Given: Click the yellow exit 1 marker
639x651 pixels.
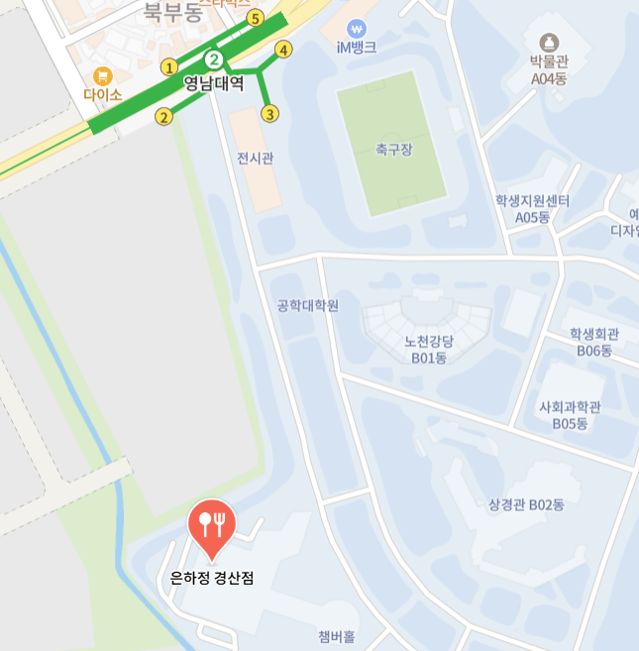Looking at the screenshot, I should tap(169, 67).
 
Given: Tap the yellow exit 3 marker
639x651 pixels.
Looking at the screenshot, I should tap(269, 114).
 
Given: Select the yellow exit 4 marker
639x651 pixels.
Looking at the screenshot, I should tap(284, 50).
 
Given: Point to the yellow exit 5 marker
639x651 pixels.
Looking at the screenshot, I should tap(256, 18).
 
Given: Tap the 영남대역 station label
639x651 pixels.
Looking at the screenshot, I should tap(213, 84).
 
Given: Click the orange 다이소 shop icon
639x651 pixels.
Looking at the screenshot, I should tap(102, 75).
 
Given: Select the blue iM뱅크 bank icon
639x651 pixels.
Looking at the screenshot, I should tap(357, 29).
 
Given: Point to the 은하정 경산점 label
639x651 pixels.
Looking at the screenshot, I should tap(212, 578).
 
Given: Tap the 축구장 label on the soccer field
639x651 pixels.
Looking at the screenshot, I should tap(393, 150).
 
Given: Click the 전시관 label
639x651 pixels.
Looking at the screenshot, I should tap(255, 159).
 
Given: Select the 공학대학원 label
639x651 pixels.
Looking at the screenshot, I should tap(308, 305).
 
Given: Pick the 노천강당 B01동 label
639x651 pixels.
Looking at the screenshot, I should tap(428, 350).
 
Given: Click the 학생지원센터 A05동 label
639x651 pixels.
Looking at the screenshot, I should tap(532, 209).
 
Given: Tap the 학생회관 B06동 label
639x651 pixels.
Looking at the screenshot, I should tap(594, 343).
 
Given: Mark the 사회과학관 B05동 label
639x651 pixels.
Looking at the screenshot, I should tap(570, 415).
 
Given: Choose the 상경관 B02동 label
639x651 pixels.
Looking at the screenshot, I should tap(526, 504).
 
